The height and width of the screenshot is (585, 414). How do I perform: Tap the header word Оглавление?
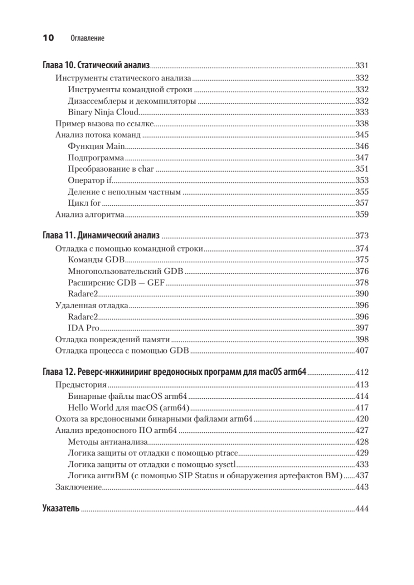click(87, 38)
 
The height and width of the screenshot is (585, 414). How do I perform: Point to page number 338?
click(362, 123)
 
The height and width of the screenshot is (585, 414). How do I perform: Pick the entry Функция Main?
click(97, 146)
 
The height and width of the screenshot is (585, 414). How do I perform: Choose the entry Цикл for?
click(84, 203)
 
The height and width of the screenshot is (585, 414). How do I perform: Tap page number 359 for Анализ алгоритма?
click(362, 214)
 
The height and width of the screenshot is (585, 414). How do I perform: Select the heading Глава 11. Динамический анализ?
click(101, 236)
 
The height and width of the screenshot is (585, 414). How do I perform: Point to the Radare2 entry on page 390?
click(83, 293)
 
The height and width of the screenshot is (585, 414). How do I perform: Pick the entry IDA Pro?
click(84, 328)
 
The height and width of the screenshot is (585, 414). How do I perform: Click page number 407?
click(362, 351)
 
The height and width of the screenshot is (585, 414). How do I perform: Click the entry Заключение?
click(78, 487)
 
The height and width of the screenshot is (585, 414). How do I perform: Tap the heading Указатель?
click(61, 508)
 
